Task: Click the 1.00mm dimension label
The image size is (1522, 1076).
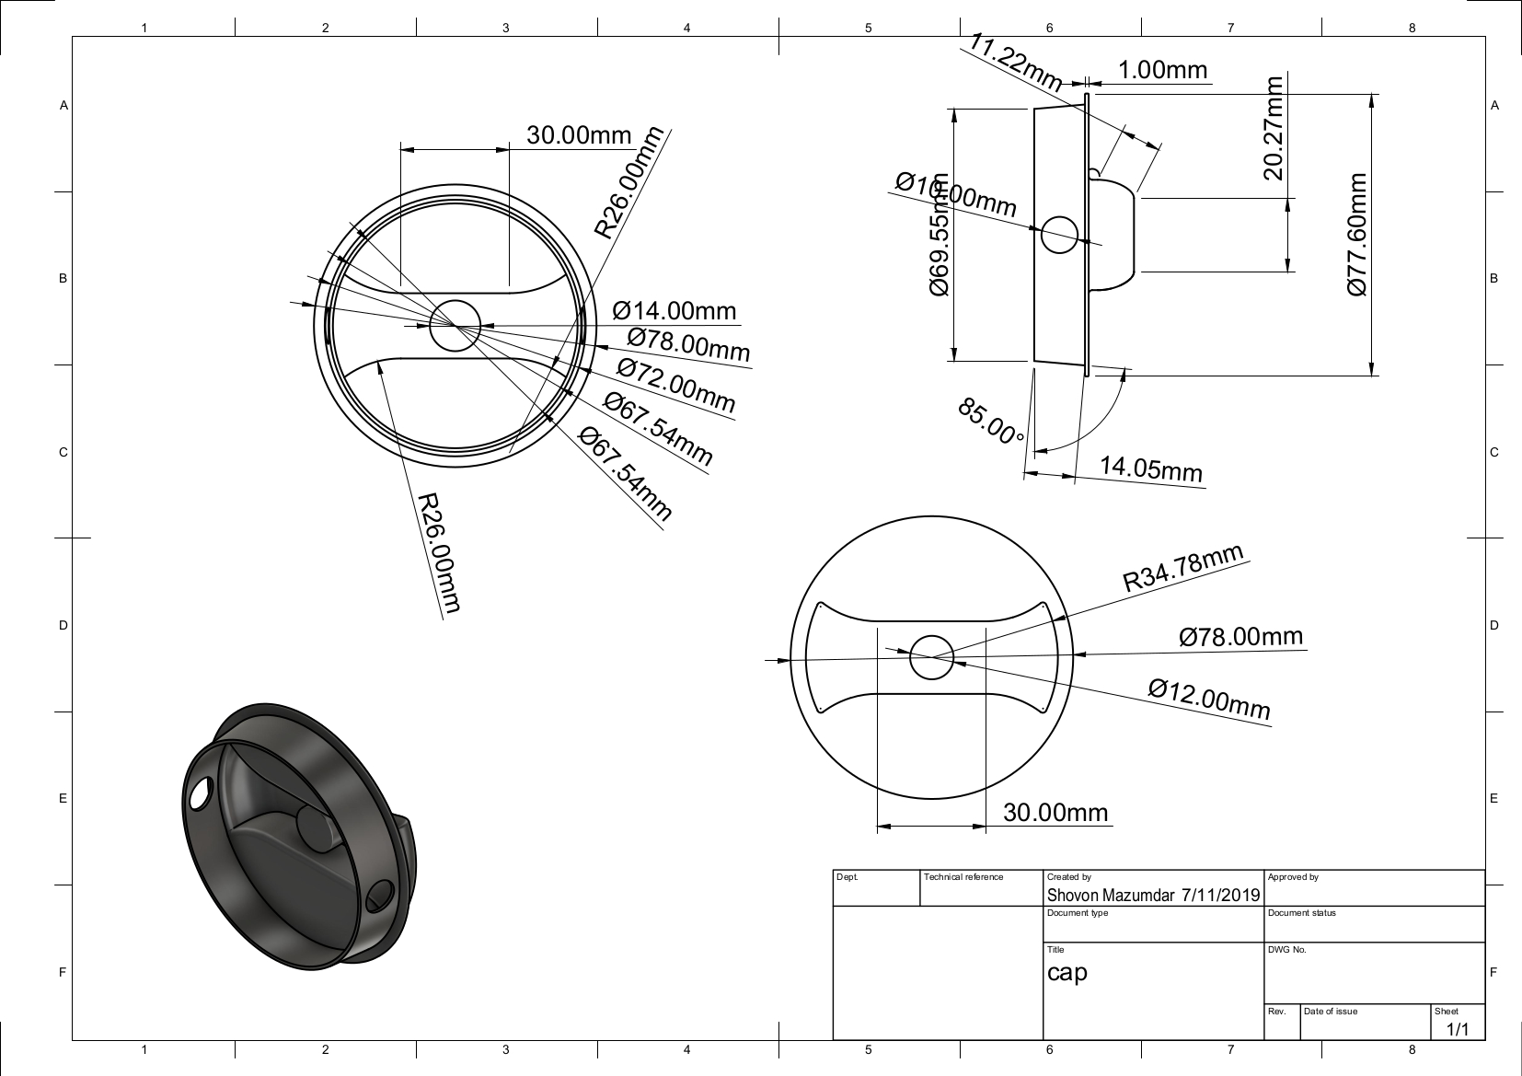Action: click(x=1162, y=71)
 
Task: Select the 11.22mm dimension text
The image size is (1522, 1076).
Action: click(x=1016, y=64)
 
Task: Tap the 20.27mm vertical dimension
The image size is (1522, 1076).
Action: click(x=1274, y=128)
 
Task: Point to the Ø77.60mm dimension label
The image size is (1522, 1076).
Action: click(x=1357, y=234)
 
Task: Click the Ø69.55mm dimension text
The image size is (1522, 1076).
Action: click(x=939, y=234)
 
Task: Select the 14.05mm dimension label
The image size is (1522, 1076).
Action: click(x=1151, y=469)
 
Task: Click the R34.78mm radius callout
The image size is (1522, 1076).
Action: click(x=1183, y=569)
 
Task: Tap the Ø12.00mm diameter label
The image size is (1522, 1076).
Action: click(x=1209, y=700)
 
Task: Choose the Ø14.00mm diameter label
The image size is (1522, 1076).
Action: click(x=675, y=311)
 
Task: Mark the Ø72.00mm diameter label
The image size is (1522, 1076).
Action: click(x=676, y=386)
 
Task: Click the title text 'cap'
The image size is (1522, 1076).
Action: click(x=1067, y=973)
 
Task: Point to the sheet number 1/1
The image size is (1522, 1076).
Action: click(x=1458, y=1029)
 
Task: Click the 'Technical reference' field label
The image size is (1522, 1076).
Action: click(x=963, y=877)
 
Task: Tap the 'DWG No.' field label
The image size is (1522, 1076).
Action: click(x=1286, y=950)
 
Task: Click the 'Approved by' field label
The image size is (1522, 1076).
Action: click(x=1293, y=877)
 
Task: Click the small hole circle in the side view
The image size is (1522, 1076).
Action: click(x=1059, y=235)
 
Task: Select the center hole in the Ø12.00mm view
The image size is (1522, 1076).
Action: click(x=931, y=657)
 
